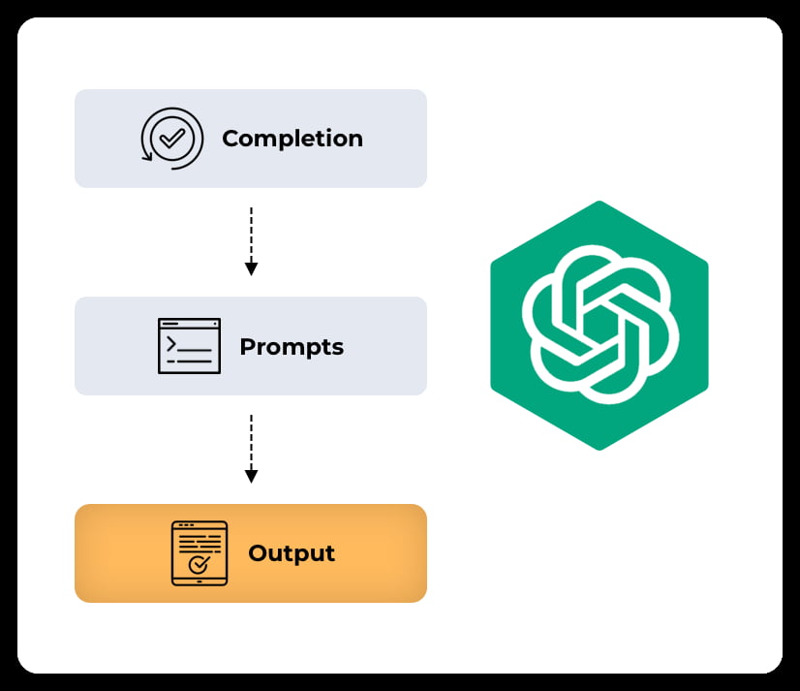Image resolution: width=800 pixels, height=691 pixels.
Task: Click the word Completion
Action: (x=292, y=139)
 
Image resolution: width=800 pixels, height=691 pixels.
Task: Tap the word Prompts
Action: (x=291, y=347)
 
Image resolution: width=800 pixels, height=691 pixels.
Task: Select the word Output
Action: (x=291, y=553)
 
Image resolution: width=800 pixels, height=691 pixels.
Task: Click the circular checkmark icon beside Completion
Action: (x=172, y=139)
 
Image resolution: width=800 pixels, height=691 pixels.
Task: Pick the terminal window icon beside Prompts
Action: (x=189, y=346)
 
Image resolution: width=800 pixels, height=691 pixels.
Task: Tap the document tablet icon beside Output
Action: (x=199, y=553)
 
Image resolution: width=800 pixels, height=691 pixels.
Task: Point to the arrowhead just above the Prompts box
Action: (x=251, y=268)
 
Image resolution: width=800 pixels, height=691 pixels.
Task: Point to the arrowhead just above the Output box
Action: (x=251, y=476)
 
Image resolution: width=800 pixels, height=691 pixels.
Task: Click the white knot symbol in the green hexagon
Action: (x=600, y=325)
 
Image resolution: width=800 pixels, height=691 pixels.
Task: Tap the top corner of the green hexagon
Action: (x=600, y=202)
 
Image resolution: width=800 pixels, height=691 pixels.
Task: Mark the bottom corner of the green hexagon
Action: (x=600, y=449)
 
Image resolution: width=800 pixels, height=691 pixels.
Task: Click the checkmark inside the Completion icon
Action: (x=172, y=138)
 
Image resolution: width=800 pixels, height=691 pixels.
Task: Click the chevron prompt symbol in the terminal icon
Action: (x=171, y=342)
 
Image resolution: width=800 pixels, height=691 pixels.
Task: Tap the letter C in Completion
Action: (x=231, y=139)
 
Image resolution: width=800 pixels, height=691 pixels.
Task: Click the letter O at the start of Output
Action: (x=258, y=553)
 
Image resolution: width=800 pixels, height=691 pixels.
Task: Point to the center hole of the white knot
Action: (x=600, y=325)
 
